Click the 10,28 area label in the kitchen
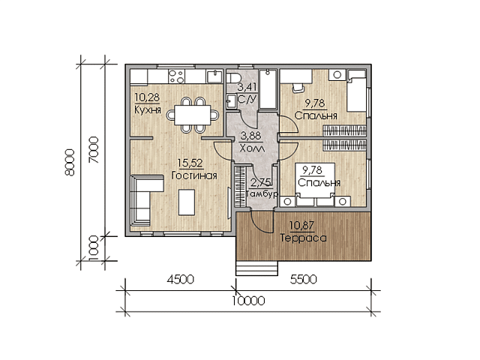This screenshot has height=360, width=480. pyautogui.click(x=147, y=97)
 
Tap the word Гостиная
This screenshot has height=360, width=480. pyautogui.click(x=194, y=175)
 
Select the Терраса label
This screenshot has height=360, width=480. pyautogui.click(x=303, y=238)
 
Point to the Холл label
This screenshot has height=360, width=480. pyautogui.click(x=252, y=148)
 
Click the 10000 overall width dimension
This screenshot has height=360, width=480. pyautogui.click(x=248, y=301)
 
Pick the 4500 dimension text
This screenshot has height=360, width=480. pyautogui.click(x=180, y=279)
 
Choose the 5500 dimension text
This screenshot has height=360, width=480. pyautogui.click(x=303, y=279)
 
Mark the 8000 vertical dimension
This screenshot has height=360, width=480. pyautogui.click(x=70, y=162)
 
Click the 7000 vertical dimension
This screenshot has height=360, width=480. pyautogui.click(x=94, y=150)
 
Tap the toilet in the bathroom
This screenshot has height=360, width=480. pyautogui.click(x=233, y=76)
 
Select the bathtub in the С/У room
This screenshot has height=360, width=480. pyautogui.click(x=268, y=88)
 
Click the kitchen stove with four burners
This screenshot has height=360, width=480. pyautogui.click(x=176, y=76)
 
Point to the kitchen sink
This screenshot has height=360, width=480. pyautogui.click(x=214, y=76)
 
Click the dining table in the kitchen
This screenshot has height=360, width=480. pyautogui.click(x=193, y=115)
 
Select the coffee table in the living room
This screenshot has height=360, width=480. pyautogui.click(x=187, y=202)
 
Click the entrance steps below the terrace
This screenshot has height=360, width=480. pyautogui.click(x=256, y=268)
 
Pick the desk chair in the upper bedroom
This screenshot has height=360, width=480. pyautogui.click(x=298, y=87)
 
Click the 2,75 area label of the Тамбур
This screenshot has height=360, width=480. pyautogui.click(x=260, y=183)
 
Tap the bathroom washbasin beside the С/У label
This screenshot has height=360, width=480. pyautogui.click(x=232, y=101)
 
